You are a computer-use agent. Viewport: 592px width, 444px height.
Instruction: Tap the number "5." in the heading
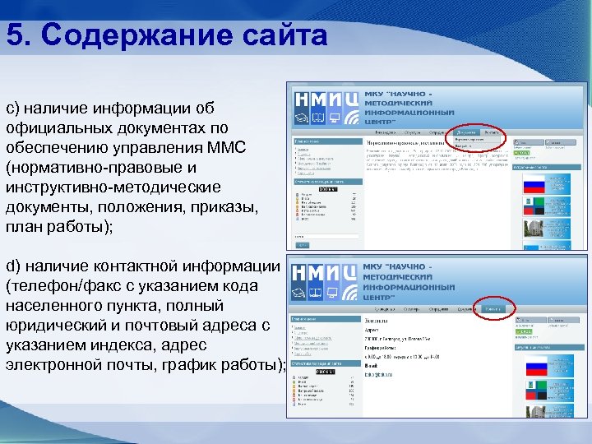[x=21, y=35]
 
